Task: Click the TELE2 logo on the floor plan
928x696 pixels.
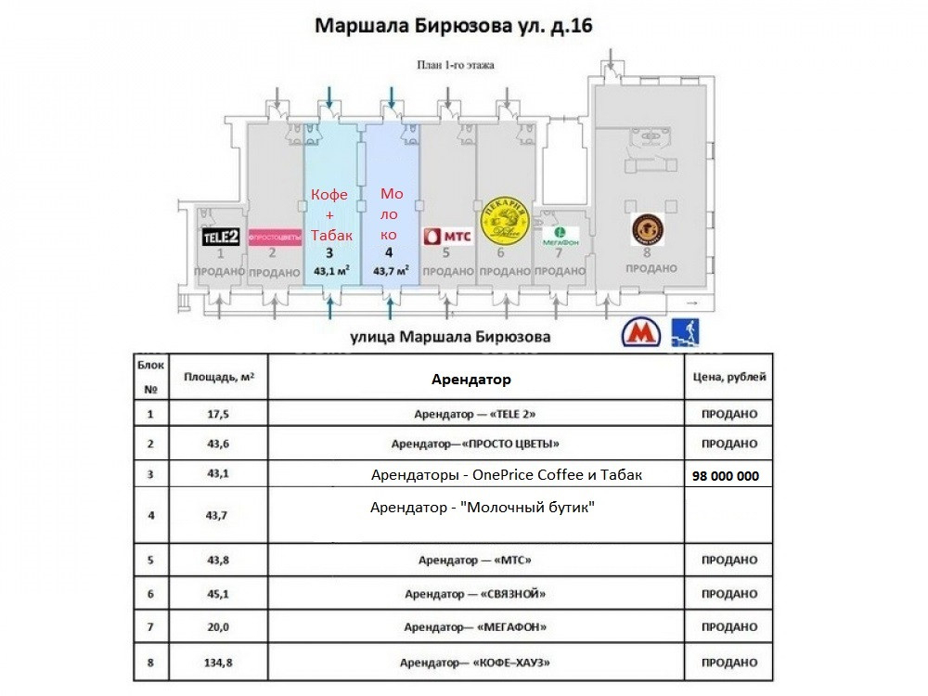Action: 221,237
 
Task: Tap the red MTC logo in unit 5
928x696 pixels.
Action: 448,236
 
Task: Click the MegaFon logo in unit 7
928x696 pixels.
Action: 561,233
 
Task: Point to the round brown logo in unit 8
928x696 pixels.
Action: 646,228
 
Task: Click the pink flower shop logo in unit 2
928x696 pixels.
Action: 276,236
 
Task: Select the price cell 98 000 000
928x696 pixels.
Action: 726,476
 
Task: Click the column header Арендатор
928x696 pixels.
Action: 471,380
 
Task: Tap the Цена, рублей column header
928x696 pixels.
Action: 729,378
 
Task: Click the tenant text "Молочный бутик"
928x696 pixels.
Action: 482,508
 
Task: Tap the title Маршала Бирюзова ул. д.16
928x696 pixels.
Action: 454,25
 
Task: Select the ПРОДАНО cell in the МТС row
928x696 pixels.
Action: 729,561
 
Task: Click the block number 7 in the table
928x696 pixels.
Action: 150,627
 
